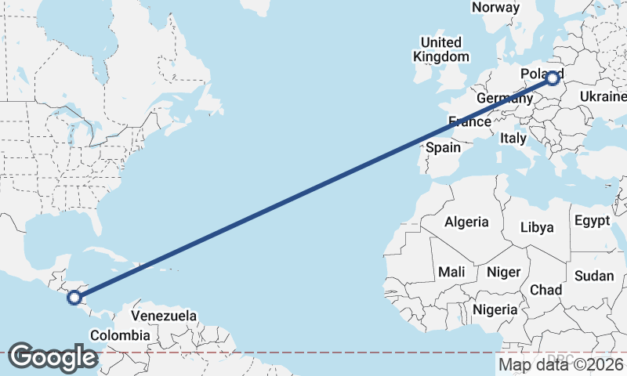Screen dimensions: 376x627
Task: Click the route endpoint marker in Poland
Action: pos(553,78)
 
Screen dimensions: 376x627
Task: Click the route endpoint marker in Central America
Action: pos(74,297)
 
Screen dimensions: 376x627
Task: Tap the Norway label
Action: pos(495,7)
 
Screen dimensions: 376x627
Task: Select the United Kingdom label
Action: pos(441,49)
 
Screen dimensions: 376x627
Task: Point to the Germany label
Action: pos(504,98)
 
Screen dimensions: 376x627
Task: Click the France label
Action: pos(469,121)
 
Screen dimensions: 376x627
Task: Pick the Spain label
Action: pos(443,147)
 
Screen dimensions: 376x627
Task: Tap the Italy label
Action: pos(513,138)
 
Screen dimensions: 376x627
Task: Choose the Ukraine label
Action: pos(602,96)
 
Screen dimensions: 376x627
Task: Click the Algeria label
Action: pos(466,222)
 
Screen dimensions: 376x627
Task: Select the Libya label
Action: pos(537,227)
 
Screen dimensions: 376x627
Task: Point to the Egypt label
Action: pos(592,221)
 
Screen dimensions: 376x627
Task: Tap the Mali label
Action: pos(451,272)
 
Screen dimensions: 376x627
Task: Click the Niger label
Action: pos(504,272)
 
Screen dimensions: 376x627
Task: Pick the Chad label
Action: pos(545,290)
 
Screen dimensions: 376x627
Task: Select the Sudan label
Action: pos(594,276)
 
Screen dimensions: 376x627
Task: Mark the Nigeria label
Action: pos(495,309)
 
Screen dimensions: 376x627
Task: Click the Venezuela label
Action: pos(163,316)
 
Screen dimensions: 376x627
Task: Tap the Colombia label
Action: pos(119,335)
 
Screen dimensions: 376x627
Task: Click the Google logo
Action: pos(52,357)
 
